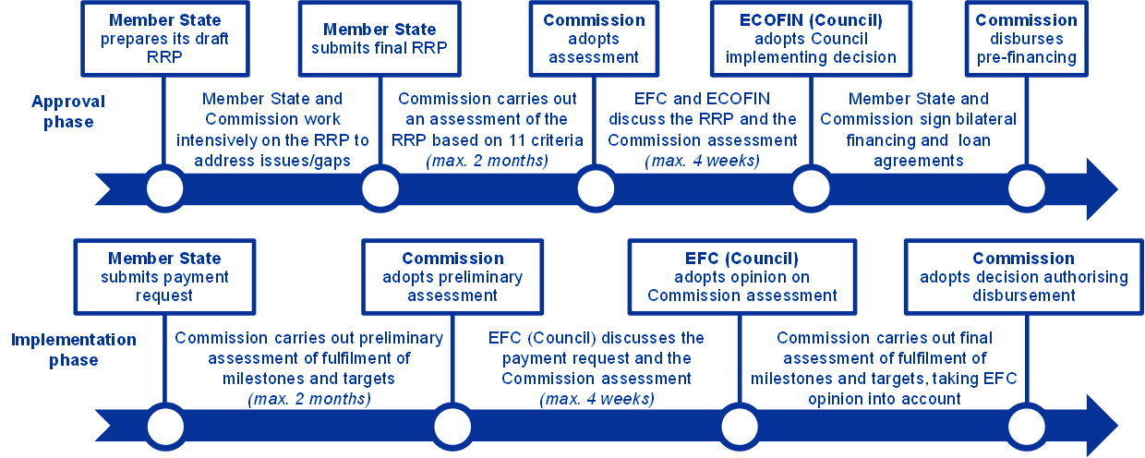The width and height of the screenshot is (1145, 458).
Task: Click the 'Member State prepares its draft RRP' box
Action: (165, 38)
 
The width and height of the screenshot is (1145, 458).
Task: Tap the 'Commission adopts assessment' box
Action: (593, 38)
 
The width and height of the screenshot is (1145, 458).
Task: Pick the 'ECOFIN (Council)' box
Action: (811, 38)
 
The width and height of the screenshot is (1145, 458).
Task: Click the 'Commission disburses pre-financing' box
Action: (1025, 38)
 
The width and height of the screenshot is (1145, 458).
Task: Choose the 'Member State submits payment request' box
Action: (165, 277)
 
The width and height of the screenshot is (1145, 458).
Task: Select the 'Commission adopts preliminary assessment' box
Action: (452, 277)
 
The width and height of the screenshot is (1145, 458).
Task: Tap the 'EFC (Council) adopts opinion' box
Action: (741, 277)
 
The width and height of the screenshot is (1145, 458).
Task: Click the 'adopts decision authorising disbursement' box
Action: (1023, 277)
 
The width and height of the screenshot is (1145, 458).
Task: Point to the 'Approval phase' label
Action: (68, 111)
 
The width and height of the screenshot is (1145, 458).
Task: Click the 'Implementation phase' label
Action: (74, 350)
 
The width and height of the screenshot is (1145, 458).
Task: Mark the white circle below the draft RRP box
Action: (165, 189)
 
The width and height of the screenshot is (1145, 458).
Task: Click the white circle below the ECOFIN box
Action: (811, 189)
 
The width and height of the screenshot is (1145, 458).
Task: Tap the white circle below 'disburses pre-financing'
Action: (1026, 189)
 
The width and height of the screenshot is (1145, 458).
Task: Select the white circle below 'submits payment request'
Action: (165, 427)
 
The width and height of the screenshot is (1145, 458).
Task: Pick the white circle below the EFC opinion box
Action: (740, 427)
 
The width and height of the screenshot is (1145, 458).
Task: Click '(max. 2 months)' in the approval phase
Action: (486, 162)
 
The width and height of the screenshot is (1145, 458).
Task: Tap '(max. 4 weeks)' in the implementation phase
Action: (597, 400)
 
